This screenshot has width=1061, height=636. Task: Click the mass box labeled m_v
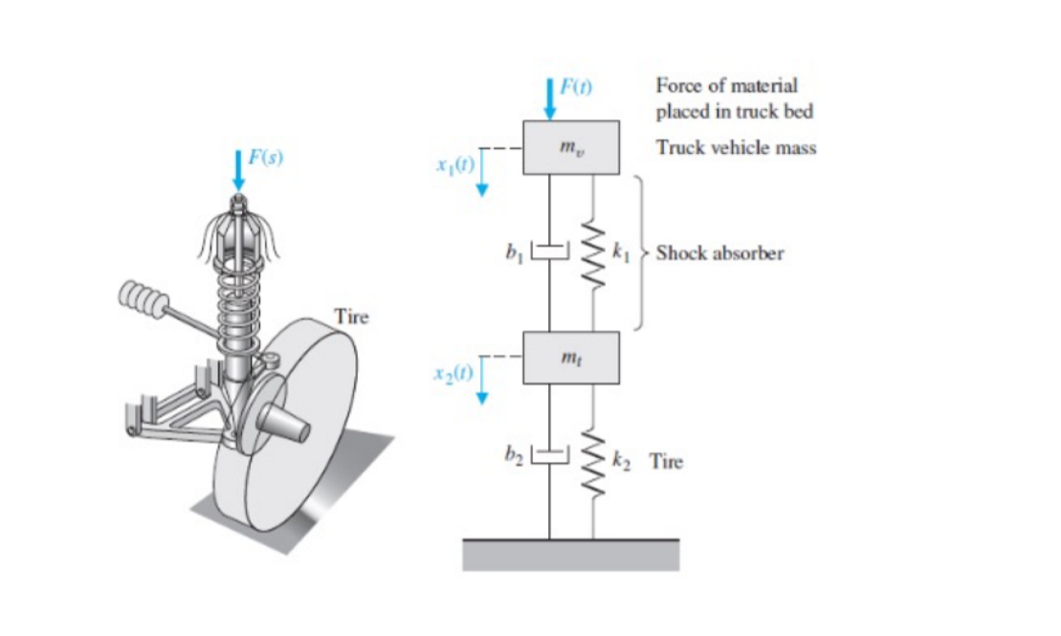tap(571, 148)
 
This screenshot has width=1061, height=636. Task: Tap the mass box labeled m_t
tap(571, 358)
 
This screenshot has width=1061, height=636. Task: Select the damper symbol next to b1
tap(549, 252)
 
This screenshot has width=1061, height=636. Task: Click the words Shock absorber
tap(719, 253)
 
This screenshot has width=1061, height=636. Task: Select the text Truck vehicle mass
tap(736, 148)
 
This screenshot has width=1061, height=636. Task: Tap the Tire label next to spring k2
tap(666, 462)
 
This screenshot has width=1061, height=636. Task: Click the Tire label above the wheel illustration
tap(351, 317)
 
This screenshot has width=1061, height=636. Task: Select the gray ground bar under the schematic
tap(571, 554)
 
